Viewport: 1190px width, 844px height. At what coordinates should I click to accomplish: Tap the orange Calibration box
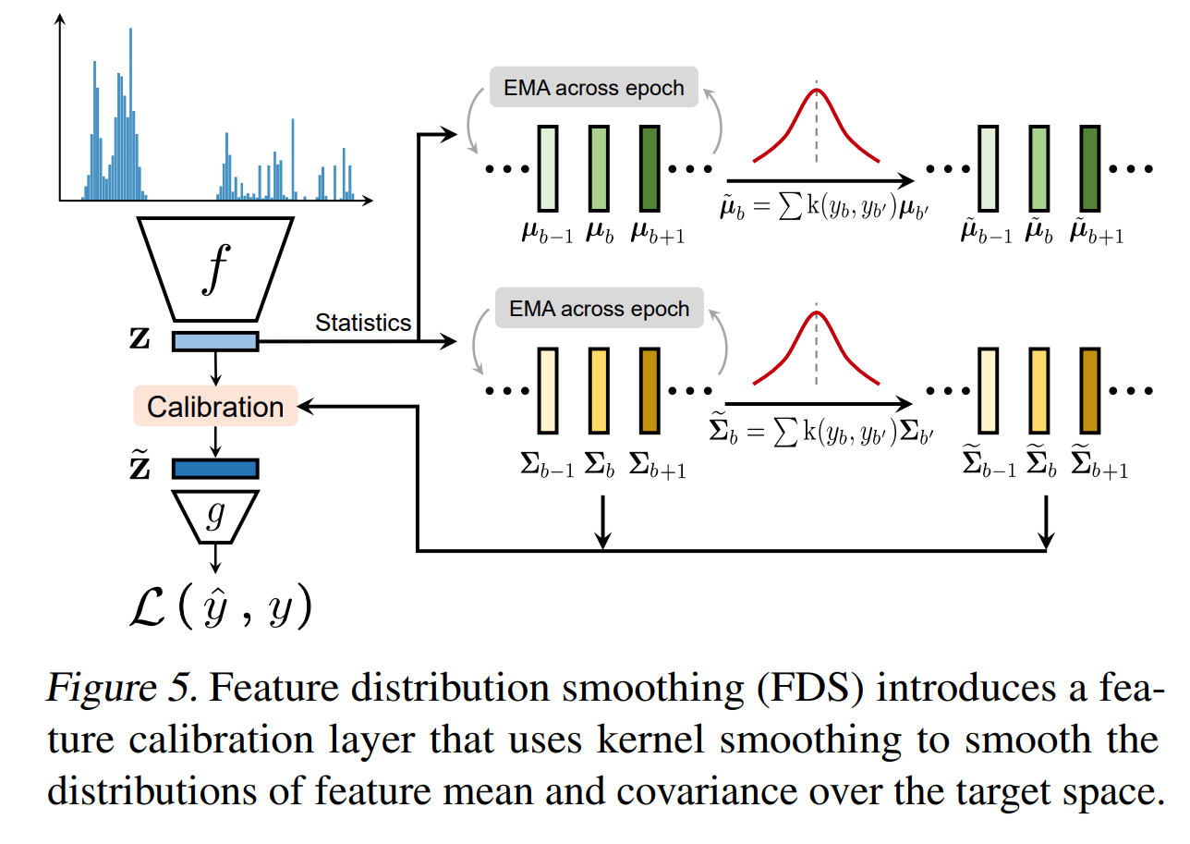pyautogui.click(x=215, y=407)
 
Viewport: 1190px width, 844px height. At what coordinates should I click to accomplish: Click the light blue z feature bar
pyautogui.click(x=215, y=342)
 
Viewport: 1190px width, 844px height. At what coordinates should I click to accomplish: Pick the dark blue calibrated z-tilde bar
pyautogui.click(x=215, y=469)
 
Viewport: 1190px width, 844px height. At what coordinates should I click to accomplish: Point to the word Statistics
pyautogui.click(x=363, y=323)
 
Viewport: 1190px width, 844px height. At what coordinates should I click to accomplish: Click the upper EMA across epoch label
pyautogui.click(x=593, y=88)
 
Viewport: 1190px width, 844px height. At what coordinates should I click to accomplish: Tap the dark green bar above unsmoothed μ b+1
pyautogui.click(x=650, y=167)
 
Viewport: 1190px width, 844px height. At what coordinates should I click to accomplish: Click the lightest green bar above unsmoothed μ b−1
pyautogui.click(x=547, y=167)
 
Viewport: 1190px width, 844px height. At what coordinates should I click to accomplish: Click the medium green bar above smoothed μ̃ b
pyautogui.click(x=1039, y=167)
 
